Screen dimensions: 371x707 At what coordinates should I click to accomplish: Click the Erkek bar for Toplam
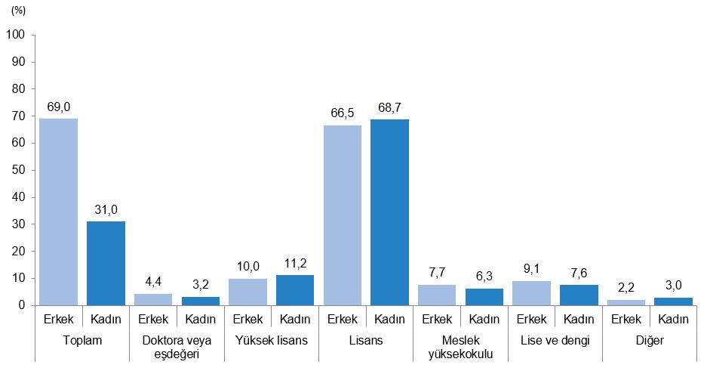pyautogui.click(x=58, y=212)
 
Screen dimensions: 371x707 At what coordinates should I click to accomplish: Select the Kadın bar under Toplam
pyautogui.click(x=106, y=263)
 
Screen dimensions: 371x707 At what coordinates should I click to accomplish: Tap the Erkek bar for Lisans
pyautogui.click(x=343, y=215)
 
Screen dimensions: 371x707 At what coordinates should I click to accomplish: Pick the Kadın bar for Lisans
pyautogui.click(x=390, y=212)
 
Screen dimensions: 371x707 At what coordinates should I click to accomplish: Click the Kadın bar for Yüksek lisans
pyautogui.click(x=295, y=290)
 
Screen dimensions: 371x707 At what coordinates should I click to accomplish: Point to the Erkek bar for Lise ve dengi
pyautogui.click(x=532, y=293)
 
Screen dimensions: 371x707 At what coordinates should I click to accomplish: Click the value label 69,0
pyautogui.click(x=58, y=107)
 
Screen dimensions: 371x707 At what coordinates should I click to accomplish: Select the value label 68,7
pyautogui.click(x=390, y=107)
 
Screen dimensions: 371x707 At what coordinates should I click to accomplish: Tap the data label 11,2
pyautogui.click(x=295, y=263)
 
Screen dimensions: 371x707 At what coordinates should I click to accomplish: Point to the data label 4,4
pyautogui.click(x=153, y=281)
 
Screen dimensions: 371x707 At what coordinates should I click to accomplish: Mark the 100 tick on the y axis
pyautogui.click(x=17, y=35)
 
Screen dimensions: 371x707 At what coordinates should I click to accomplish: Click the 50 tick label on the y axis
pyautogui.click(x=20, y=170)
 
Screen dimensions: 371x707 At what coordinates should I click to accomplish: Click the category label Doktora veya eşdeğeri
pyautogui.click(x=177, y=347)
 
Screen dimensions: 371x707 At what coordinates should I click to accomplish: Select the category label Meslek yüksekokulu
pyautogui.click(x=461, y=347)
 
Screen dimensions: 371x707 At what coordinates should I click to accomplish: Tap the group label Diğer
pyautogui.click(x=650, y=341)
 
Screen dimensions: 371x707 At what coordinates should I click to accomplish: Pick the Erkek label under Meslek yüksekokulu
pyautogui.click(x=438, y=319)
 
